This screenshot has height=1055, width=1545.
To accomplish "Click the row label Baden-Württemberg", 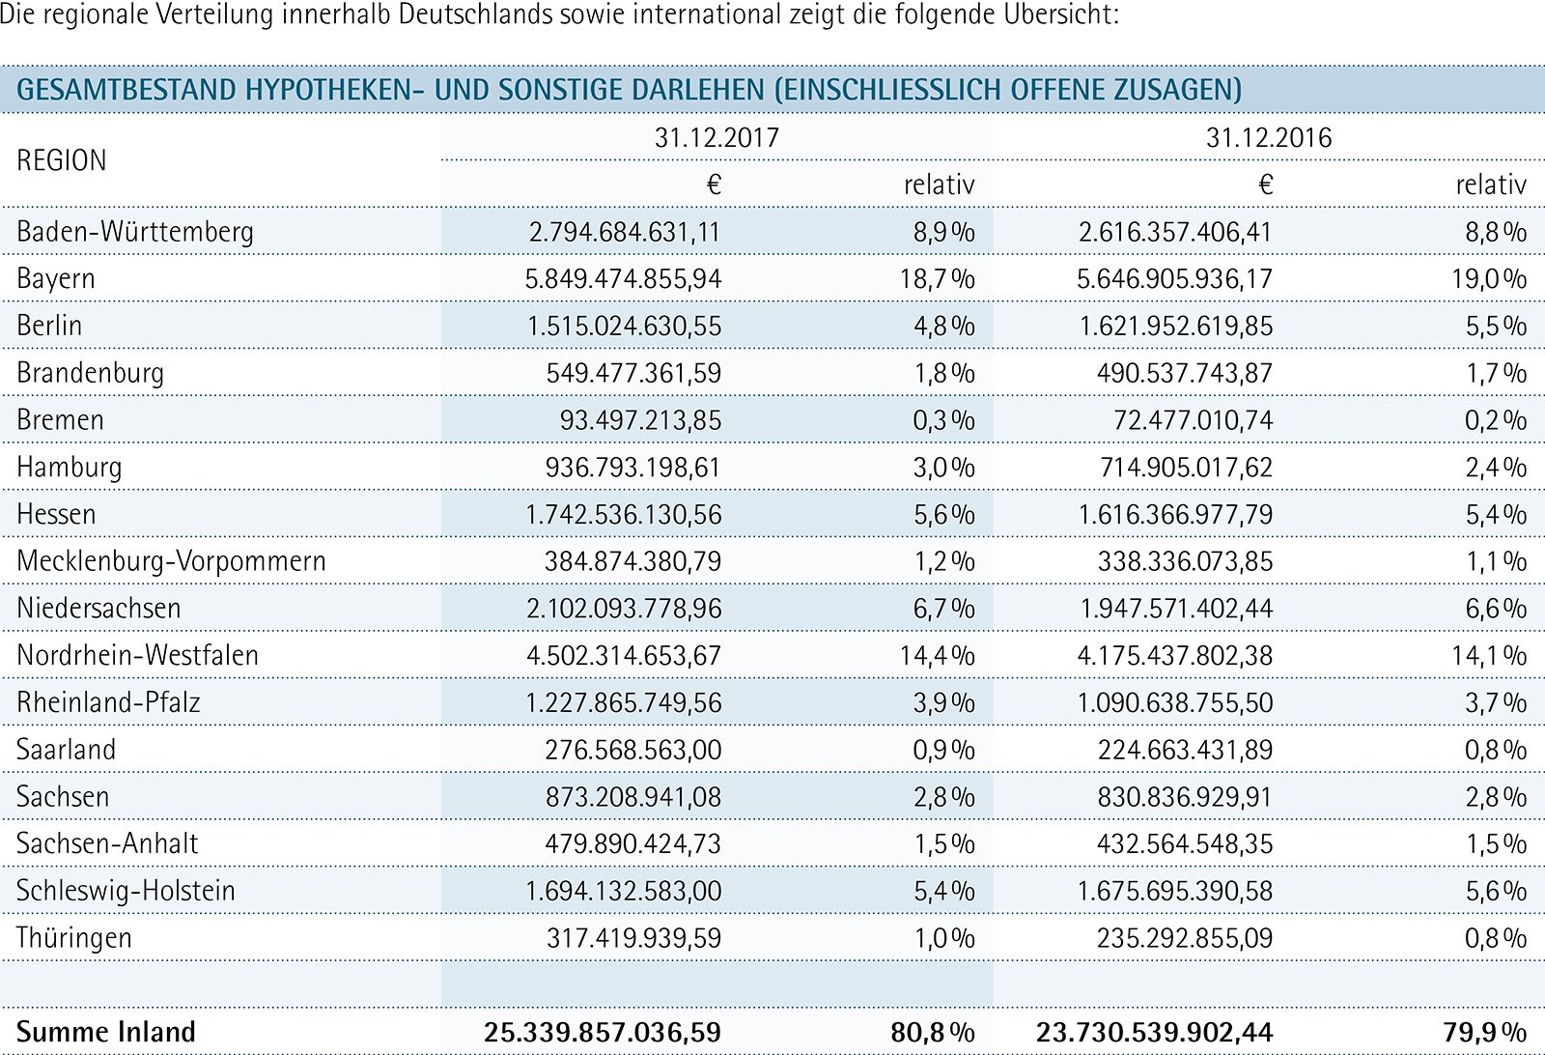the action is click(135, 232).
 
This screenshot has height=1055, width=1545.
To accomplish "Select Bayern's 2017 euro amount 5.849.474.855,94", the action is click(623, 279).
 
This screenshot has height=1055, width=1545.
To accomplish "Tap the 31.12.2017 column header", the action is click(716, 138).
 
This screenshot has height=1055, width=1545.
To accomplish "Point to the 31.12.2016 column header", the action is click(1269, 138).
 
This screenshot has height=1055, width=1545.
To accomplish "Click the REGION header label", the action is click(62, 160).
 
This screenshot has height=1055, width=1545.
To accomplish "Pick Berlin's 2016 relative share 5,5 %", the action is click(1496, 326).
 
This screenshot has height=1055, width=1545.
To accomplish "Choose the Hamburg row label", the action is click(69, 468).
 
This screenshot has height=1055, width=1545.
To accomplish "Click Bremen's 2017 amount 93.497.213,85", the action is click(640, 420).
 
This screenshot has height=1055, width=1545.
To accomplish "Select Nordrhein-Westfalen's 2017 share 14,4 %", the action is click(937, 655).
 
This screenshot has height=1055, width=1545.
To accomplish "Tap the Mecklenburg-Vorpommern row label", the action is click(171, 561).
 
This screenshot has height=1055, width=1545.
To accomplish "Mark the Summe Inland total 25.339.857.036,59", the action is click(603, 1032).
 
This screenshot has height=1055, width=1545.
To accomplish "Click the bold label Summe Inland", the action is click(106, 1032).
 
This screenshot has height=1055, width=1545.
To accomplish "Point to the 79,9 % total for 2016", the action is click(1485, 1032).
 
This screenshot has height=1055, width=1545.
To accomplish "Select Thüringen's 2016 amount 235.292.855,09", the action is click(1184, 938).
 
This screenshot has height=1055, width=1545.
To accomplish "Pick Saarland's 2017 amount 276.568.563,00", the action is click(632, 750).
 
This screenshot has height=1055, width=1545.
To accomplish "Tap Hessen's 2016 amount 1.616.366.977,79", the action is click(1175, 515).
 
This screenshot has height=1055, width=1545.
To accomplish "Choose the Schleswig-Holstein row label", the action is click(126, 891).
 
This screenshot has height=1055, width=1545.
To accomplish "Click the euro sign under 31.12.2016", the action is click(1265, 185).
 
